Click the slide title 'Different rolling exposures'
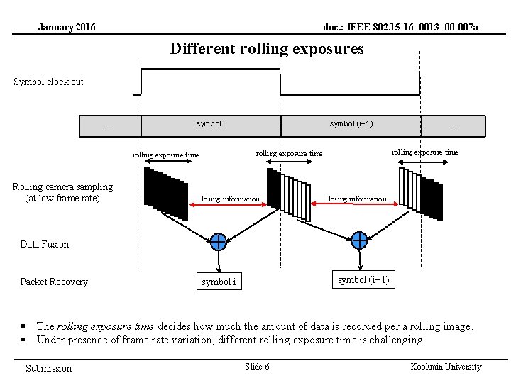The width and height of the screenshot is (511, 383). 266,49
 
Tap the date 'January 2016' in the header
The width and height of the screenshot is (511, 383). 67,28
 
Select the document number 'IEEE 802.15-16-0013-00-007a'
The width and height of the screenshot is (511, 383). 400,28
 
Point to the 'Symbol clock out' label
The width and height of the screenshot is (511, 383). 48,82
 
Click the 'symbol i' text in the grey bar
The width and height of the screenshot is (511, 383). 211,124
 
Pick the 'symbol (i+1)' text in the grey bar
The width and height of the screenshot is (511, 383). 351,124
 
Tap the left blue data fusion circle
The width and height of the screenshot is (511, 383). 218,242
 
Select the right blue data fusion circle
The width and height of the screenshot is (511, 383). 359,240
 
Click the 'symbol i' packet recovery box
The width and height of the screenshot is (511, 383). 218,282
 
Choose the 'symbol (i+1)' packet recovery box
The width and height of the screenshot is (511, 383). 363,279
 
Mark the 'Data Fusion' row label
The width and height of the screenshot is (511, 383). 45,245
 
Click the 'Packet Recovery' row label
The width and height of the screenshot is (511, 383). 54,282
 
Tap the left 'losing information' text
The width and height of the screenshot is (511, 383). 231,199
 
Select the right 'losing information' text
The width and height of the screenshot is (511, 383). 357,199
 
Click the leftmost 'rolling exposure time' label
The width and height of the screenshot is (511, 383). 166,155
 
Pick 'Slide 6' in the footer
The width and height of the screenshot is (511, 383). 257,367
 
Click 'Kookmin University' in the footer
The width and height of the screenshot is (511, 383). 446,367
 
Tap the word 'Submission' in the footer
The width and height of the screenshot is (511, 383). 48,368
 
